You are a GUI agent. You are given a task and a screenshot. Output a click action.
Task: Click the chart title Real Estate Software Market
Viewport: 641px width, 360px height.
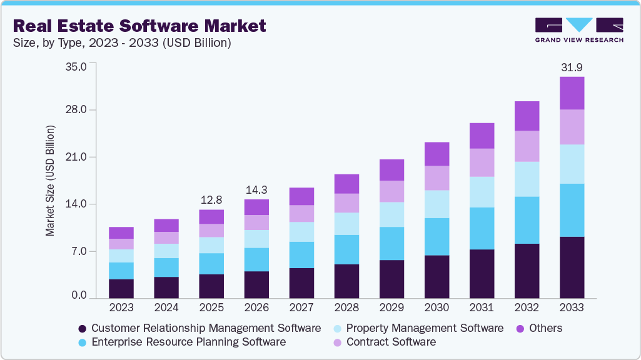coord(139,26)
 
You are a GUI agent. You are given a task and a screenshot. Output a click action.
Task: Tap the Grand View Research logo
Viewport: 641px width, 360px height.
coord(579,29)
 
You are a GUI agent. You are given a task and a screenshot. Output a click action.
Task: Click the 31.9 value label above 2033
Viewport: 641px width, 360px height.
coord(572,67)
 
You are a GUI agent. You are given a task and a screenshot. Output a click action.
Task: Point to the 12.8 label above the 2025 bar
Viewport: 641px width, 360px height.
coord(211,200)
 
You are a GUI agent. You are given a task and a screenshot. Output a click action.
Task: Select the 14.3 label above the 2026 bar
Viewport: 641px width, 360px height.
coord(256,190)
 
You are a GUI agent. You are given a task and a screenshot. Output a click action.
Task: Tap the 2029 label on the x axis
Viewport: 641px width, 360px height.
coord(391,307)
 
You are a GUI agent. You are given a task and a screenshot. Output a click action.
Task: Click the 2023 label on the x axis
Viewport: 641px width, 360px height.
coord(121,307)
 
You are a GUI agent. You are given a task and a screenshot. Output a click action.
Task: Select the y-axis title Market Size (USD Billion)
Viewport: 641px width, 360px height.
coord(50,181)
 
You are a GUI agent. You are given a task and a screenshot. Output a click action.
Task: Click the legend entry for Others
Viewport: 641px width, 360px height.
coord(537,328)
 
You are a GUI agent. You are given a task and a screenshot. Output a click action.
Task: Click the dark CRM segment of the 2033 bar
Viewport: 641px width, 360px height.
coord(572,267)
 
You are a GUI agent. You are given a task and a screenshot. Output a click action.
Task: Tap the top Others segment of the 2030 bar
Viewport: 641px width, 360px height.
coord(437,154)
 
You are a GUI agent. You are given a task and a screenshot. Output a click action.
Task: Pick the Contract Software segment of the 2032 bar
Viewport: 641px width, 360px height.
coord(527,146)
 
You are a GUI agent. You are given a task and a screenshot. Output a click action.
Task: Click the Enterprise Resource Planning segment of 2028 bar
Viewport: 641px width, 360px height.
coord(346,249)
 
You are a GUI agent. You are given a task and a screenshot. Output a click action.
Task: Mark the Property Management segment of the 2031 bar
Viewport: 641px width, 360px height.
coord(482,192)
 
